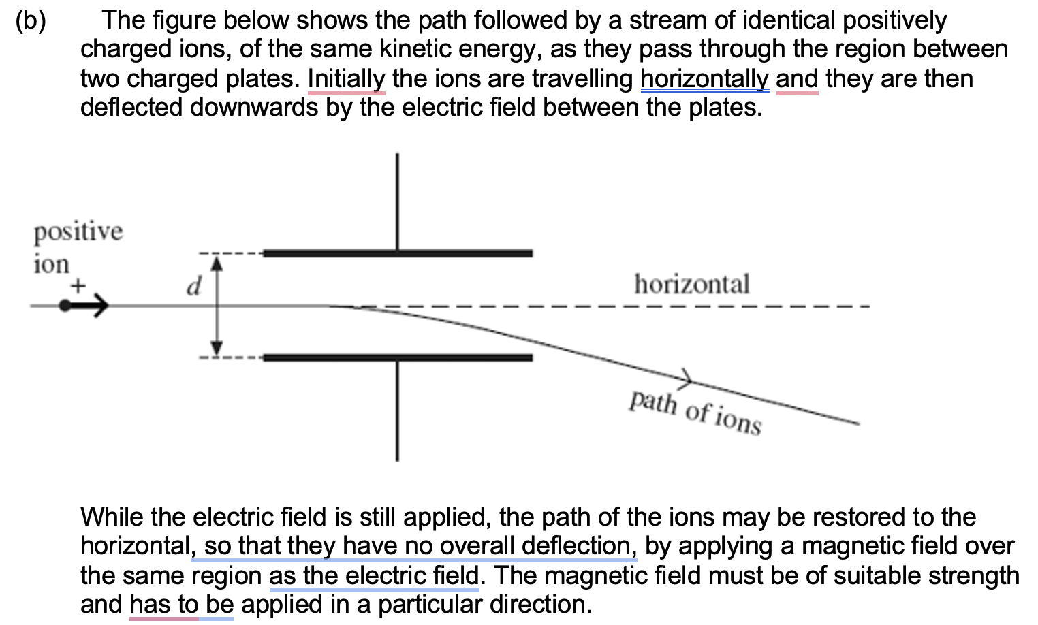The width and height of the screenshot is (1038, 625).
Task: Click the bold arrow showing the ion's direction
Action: (x=86, y=307)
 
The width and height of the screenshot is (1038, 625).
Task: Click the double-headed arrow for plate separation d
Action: (x=216, y=305)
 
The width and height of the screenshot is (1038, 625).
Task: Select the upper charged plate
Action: (x=398, y=253)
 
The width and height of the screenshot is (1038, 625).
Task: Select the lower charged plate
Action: (x=398, y=357)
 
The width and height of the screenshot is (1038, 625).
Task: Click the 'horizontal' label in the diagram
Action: (x=691, y=284)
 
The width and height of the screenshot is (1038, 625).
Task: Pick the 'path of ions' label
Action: (x=695, y=412)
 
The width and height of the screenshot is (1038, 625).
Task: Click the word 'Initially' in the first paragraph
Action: (x=347, y=79)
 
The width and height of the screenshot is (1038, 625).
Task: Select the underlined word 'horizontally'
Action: (x=705, y=79)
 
